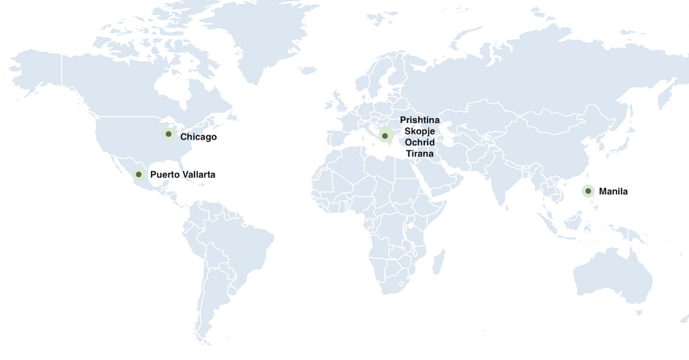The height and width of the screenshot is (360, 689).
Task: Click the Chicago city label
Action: [198, 137]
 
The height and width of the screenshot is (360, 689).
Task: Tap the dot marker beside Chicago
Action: [169, 134]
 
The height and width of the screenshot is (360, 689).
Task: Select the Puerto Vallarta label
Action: [183, 174]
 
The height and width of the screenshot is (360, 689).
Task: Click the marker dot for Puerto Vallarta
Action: [139, 174]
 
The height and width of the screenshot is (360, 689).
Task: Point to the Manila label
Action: [613, 191]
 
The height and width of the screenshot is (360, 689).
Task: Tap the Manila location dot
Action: [588, 191]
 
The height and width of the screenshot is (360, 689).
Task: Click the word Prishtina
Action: [420, 120]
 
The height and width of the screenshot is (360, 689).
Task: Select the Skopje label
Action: [420, 131]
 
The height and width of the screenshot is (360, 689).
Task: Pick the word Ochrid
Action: [420, 143]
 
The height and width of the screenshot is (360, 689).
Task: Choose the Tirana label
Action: [420, 154]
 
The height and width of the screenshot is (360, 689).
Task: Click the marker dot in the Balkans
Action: [385, 136]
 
